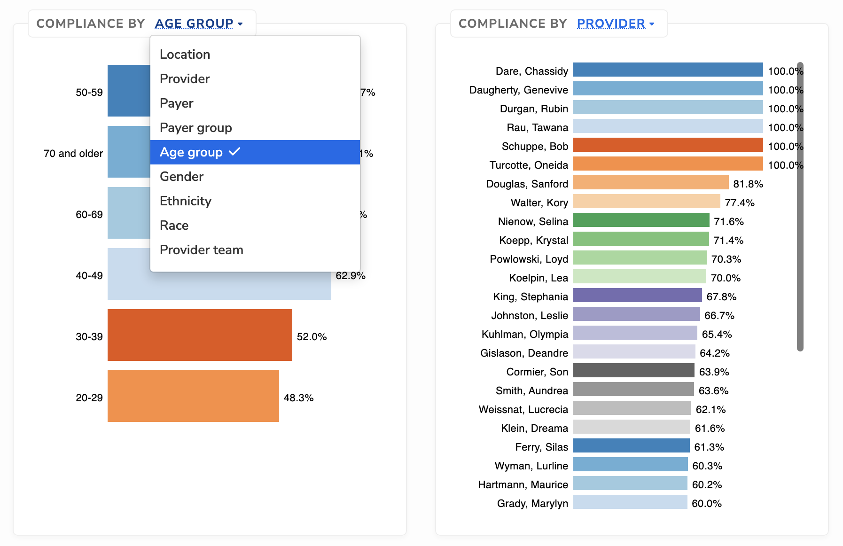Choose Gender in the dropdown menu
[x=182, y=177]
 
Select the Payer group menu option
[x=196, y=128]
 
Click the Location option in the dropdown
[x=185, y=55]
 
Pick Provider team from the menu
[x=202, y=250]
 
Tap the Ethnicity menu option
[x=186, y=201]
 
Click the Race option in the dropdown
[x=174, y=226]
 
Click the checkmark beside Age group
[x=234, y=152]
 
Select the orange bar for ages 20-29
[x=193, y=396]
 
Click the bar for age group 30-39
[x=200, y=335]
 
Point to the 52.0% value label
[x=312, y=337]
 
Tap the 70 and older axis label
[x=73, y=154]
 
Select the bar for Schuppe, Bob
[x=668, y=145]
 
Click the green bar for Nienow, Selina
[x=641, y=220]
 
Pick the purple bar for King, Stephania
[x=637, y=295]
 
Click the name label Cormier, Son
[x=537, y=372]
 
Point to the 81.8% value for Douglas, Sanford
[x=748, y=184]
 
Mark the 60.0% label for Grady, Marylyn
[x=707, y=504]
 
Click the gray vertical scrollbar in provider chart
[x=800, y=207]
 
